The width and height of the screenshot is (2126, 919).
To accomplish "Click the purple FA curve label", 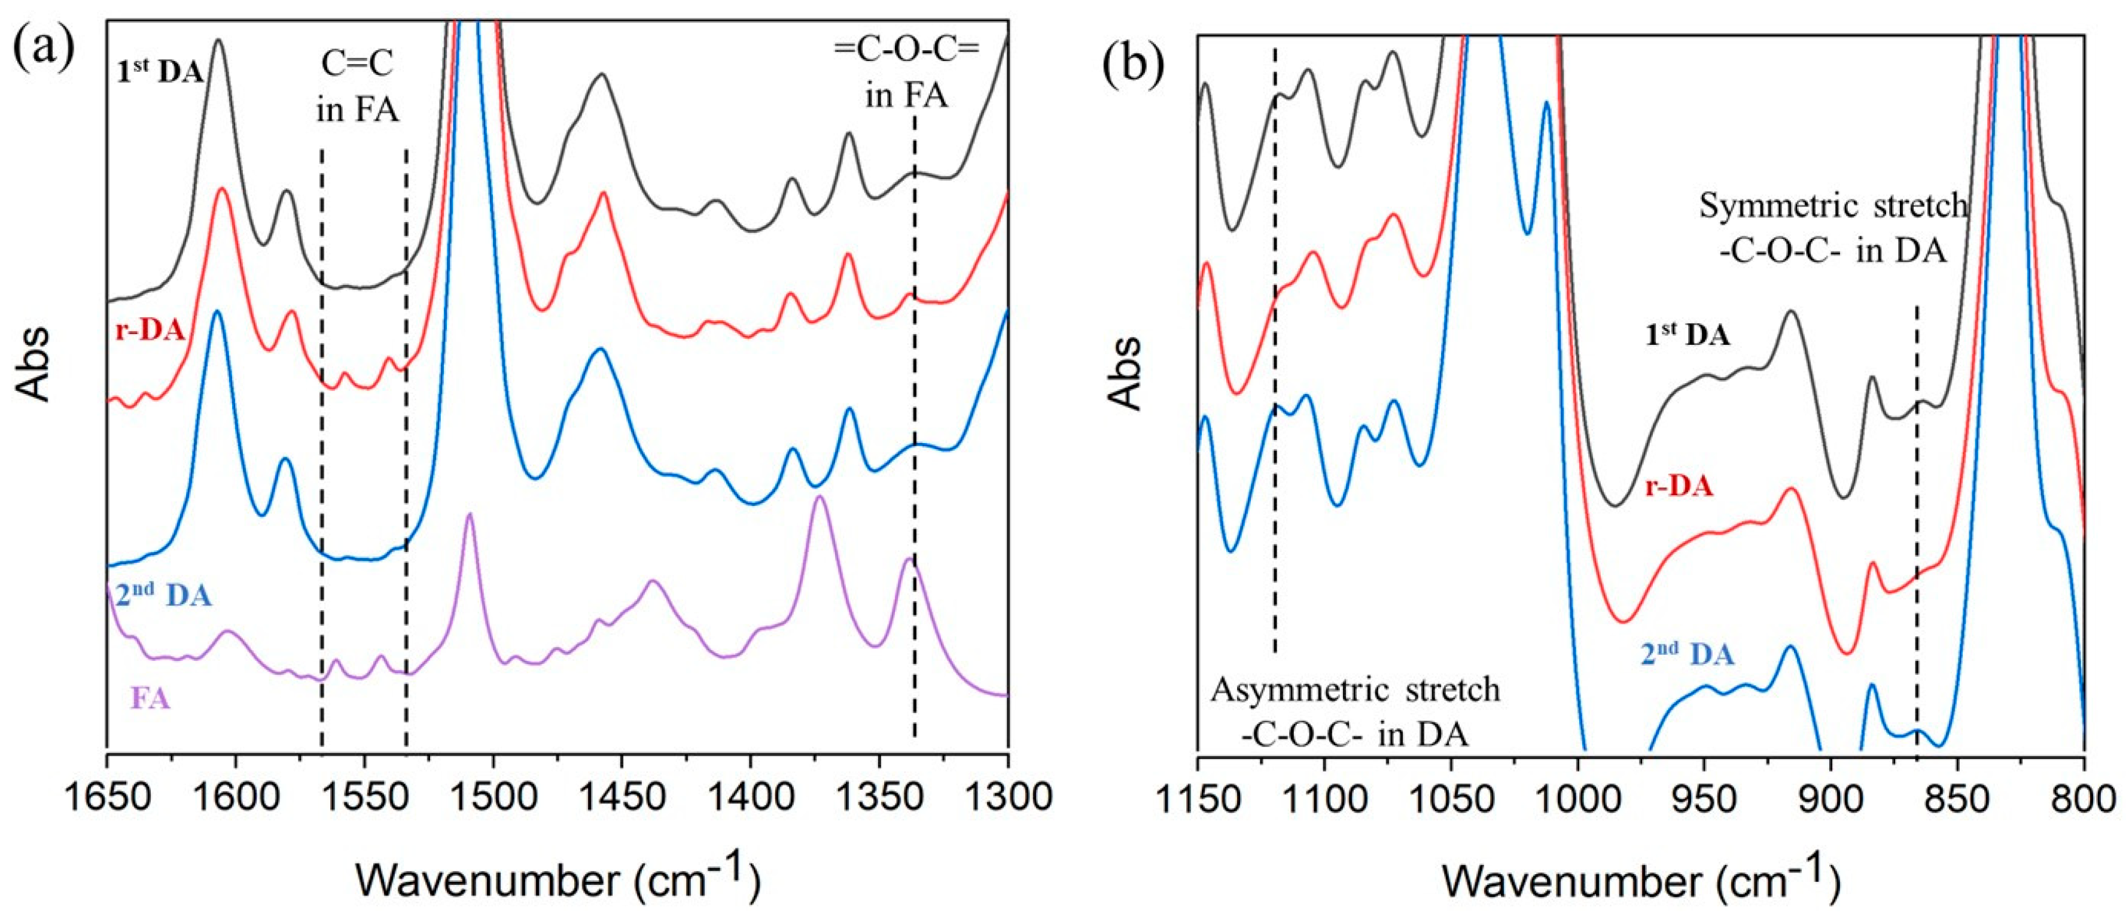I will pyautogui.click(x=150, y=699).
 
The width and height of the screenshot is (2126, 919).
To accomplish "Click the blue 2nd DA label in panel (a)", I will pyautogui.click(x=163, y=595).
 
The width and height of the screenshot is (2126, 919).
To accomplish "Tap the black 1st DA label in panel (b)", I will pyautogui.click(x=1687, y=336).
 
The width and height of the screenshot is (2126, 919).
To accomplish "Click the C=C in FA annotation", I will pyautogui.click(x=357, y=86).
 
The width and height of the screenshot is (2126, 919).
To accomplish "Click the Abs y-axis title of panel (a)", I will pyautogui.click(x=35, y=363).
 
